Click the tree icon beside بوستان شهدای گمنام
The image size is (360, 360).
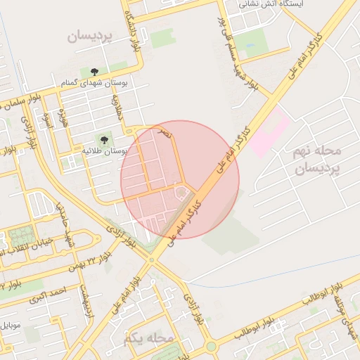coord(94,72)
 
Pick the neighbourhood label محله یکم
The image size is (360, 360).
coord(148,338)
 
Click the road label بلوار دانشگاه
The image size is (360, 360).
coord(131,28)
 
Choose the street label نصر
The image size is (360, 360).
coord(163,131)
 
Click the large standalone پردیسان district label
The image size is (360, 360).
coord(90,36)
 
